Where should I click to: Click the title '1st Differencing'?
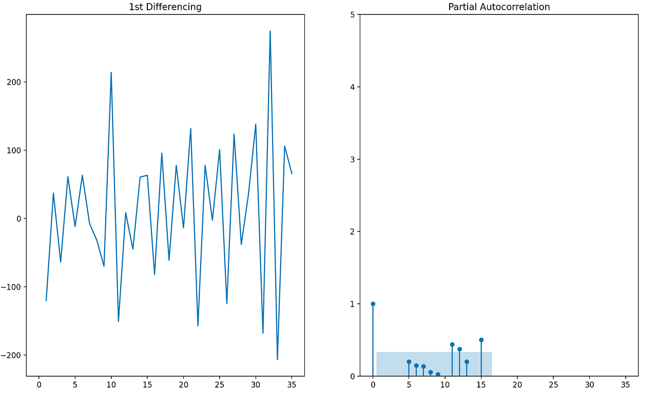click(165, 7)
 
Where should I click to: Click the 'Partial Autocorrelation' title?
click(499, 7)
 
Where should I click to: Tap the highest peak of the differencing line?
click(270, 31)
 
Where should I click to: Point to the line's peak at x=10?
click(111, 72)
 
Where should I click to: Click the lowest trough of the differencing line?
click(277, 359)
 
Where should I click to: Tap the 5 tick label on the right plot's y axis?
click(352, 15)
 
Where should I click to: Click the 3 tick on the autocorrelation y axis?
click(352, 159)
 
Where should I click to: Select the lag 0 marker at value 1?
click(373, 304)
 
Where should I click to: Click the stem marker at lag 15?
click(481, 340)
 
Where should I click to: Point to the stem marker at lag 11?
click(452, 344)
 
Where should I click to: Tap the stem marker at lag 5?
click(409, 362)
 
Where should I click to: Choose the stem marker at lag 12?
click(459, 349)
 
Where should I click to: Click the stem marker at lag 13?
click(467, 362)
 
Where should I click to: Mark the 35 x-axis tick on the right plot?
click(625, 384)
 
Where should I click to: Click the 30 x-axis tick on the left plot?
click(256, 384)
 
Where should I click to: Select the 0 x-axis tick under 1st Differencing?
click(39, 384)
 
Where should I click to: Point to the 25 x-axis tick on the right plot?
click(553, 384)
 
